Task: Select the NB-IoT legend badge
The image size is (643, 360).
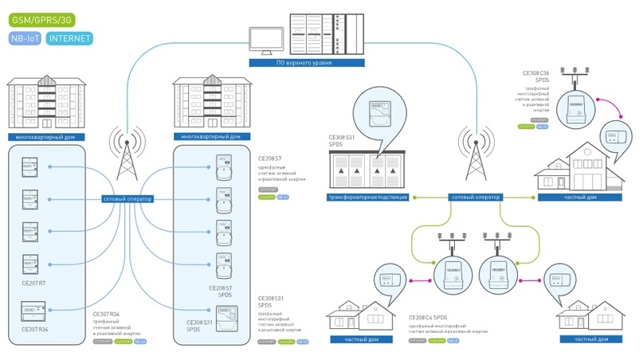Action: (x=25, y=37)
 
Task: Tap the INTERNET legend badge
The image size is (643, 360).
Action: (x=70, y=37)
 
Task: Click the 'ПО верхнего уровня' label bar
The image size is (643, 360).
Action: (x=304, y=61)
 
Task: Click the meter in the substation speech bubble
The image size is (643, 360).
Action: (x=379, y=110)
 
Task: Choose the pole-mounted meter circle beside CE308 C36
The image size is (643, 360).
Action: (x=574, y=108)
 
